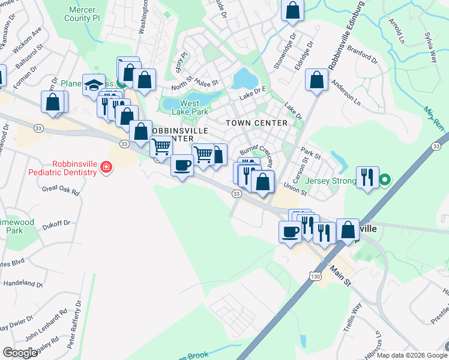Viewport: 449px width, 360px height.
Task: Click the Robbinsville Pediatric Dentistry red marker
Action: [x=106, y=167]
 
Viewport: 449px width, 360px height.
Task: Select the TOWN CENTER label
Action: [x=256, y=123]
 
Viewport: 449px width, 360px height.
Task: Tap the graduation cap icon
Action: [x=94, y=85]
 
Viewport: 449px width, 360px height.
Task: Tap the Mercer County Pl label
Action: [x=83, y=14]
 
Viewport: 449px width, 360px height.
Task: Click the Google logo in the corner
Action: [x=20, y=353]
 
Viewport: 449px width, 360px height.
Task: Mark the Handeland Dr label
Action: [x=24, y=283]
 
